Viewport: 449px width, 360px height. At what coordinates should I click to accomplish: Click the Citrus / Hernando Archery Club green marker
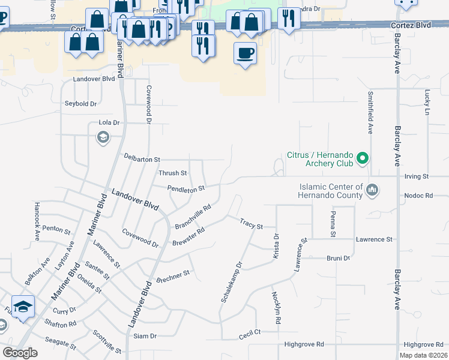tap(362, 158)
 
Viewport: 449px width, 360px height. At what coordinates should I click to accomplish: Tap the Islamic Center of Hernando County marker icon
tap(373, 190)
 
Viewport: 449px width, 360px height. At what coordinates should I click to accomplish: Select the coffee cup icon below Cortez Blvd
tap(244, 53)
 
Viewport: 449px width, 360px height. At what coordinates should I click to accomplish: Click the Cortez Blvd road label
tap(411, 26)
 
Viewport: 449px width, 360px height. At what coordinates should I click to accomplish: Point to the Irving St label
tap(417, 177)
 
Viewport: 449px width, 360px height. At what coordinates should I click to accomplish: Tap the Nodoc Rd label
tap(418, 196)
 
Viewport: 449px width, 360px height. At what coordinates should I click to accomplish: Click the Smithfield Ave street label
tap(371, 112)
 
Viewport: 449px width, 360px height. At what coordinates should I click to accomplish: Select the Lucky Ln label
tap(427, 103)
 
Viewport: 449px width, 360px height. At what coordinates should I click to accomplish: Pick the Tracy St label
tap(252, 224)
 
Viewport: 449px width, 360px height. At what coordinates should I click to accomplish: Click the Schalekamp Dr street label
tap(231, 281)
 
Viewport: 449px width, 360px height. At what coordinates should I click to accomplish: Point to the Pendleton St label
tap(186, 188)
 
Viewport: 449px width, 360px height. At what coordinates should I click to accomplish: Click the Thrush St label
tap(173, 173)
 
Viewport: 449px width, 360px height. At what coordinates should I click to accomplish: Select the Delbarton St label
tap(142, 159)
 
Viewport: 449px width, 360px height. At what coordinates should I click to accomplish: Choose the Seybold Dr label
tap(81, 104)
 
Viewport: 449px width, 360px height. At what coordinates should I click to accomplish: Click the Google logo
tap(20, 353)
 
